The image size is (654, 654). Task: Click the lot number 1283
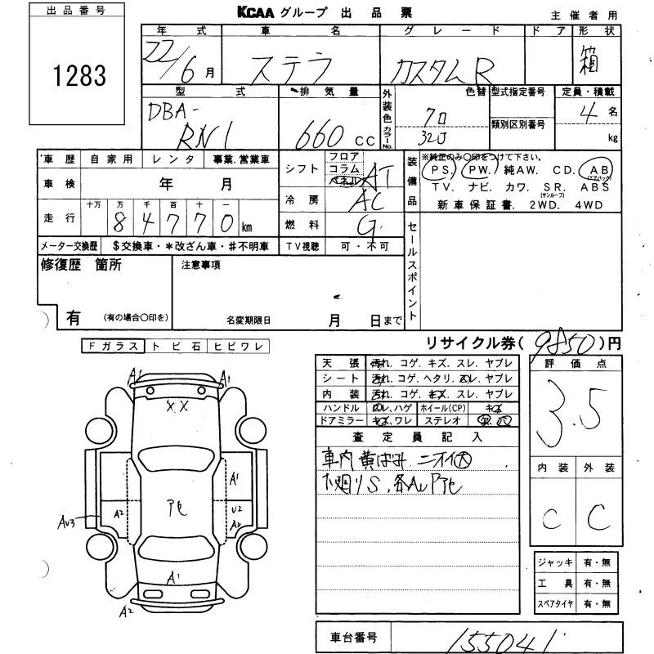(x=79, y=77)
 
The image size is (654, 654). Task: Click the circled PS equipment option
(x=441, y=170)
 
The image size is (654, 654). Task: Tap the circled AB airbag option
(x=595, y=170)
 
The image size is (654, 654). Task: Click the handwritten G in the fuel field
(x=368, y=225)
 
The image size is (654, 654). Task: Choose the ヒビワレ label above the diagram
(x=238, y=347)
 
